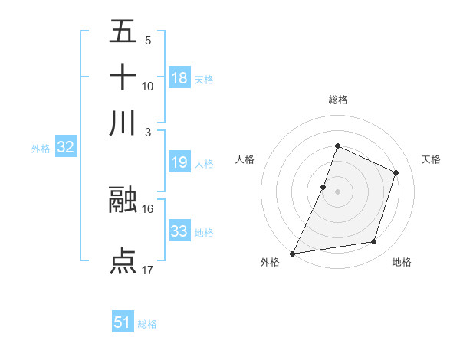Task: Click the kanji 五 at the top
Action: tap(123, 32)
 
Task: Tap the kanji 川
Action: tap(123, 123)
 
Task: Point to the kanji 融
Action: tap(123, 200)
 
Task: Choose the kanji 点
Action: tap(123, 261)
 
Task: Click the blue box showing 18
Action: tap(179, 78)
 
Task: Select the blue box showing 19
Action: tap(179, 162)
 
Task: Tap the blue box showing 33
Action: tap(179, 231)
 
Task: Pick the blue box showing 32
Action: tap(65, 148)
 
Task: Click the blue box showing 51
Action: tap(123, 322)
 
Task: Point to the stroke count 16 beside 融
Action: tap(148, 208)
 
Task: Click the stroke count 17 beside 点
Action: tap(148, 270)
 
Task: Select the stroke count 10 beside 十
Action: tap(148, 86)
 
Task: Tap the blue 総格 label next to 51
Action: tap(147, 324)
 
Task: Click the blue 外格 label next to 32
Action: tap(41, 149)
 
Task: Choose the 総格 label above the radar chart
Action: tap(337, 100)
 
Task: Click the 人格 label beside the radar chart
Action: tap(245, 159)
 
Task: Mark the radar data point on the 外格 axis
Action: tap(292, 253)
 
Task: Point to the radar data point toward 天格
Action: tap(396, 172)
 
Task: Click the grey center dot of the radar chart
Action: tap(337, 191)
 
